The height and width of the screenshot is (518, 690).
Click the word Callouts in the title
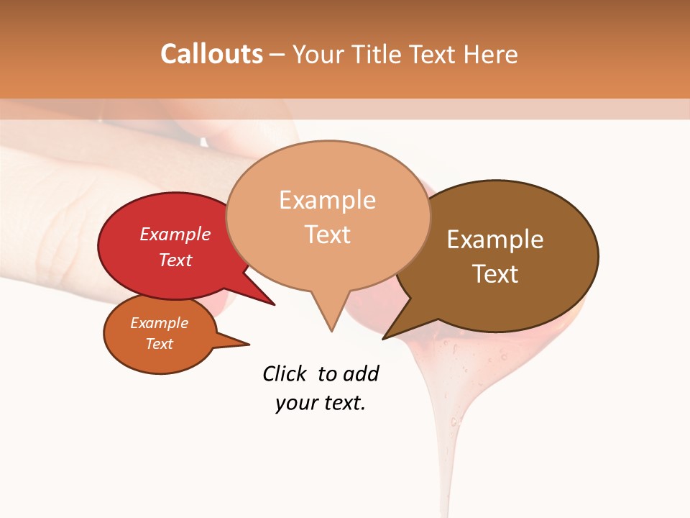pos(211,54)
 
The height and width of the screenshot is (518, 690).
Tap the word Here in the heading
pos(491,54)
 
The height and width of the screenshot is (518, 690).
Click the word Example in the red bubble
pos(175,234)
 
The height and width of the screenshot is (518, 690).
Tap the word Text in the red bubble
pos(175,260)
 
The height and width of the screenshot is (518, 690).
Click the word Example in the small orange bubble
pos(159,323)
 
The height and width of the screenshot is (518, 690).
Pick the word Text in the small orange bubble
pos(159,344)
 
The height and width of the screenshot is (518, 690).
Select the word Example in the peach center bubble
pos(327,200)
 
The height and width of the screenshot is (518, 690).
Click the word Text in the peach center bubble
pos(327,235)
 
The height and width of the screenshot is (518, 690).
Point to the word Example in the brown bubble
pos(495,239)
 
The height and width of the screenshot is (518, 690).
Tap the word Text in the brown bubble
pos(495,273)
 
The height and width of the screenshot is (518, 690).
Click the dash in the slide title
pos(277,55)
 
